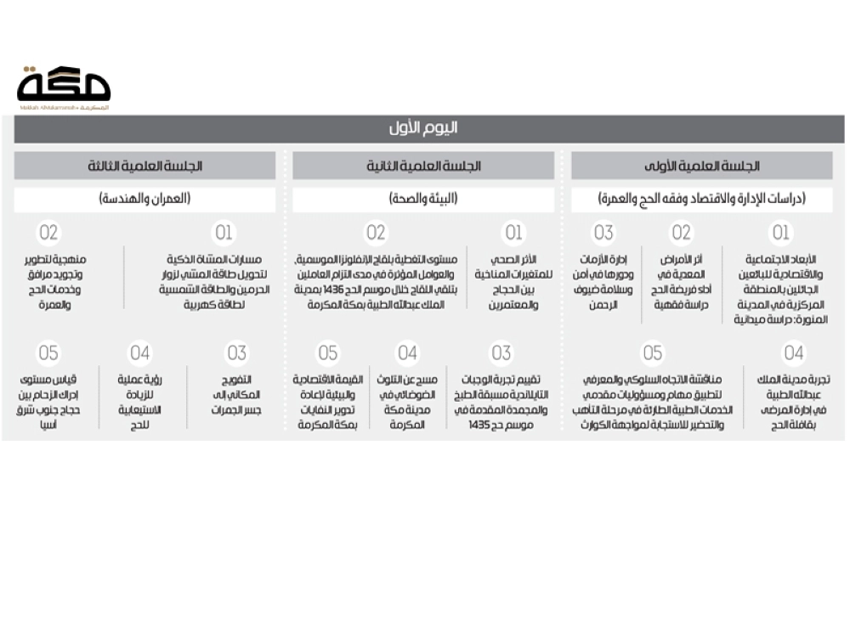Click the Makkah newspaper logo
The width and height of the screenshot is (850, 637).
coord(64,85)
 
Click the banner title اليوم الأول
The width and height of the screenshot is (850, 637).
coord(428,128)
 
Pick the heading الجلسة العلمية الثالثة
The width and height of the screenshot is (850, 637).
coord(145,166)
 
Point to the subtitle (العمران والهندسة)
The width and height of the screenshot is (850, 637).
coord(145,200)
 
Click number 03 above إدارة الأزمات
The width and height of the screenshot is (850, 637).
coord(603,233)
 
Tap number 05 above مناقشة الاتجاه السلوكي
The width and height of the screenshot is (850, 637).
coord(652,352)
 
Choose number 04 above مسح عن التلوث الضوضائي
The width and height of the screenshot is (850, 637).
coord(407,352)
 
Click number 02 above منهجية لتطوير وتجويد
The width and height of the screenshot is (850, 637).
coord(48,233)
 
